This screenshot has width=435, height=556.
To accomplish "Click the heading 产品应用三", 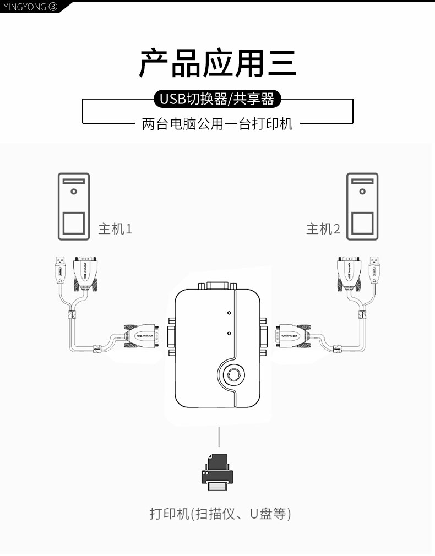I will click(217, 63).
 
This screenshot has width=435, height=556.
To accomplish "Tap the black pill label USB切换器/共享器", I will click(217, 99).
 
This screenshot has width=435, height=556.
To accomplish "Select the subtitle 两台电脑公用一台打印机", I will click(217, 124).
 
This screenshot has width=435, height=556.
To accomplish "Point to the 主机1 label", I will click(115, 228).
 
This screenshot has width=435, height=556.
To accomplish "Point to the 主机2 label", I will click(323, 228).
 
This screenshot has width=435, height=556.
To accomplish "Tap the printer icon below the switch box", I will click(218, 472).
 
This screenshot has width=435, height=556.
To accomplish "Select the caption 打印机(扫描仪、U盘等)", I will click(220, 514).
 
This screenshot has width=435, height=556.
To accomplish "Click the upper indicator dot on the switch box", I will click(229, 313).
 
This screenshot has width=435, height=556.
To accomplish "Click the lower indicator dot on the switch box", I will click(229, 333).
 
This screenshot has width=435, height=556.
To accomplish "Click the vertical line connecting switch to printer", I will click(219, 436).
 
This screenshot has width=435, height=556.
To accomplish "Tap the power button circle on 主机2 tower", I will click(362, 192).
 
